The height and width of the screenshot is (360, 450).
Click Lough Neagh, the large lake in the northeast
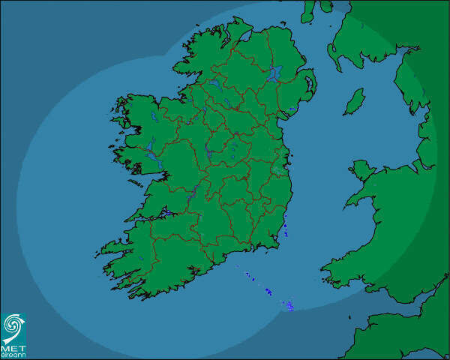click(x=275, y=73)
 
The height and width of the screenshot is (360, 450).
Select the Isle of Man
click(x=354, y=101)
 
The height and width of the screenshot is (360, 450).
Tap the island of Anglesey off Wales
click(x=361, y=171)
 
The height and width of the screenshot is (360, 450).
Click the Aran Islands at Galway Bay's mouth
click(x=136, y=181)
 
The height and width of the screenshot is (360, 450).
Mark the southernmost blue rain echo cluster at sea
click(x=288, y=305)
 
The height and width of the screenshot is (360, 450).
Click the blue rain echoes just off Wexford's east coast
click(x=286, y=228)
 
